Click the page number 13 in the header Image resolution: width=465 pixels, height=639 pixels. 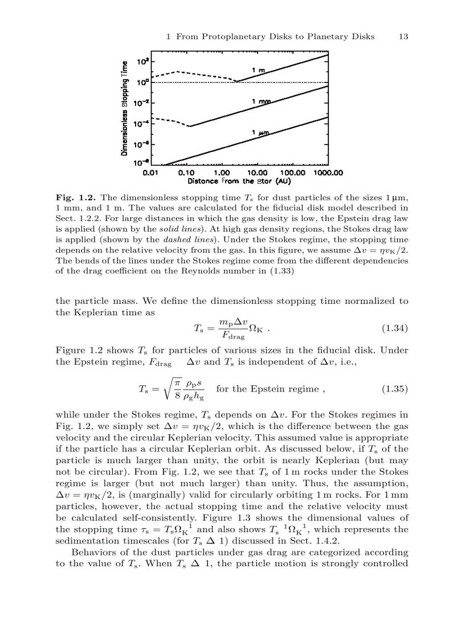coord(403,36)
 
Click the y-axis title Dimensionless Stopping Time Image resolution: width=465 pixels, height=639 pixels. coord(124,108)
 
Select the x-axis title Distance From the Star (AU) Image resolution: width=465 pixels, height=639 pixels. coord(240,182)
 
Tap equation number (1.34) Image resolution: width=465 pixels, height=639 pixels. coord(394,328)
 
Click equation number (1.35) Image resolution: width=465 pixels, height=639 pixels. coord(394,389)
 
